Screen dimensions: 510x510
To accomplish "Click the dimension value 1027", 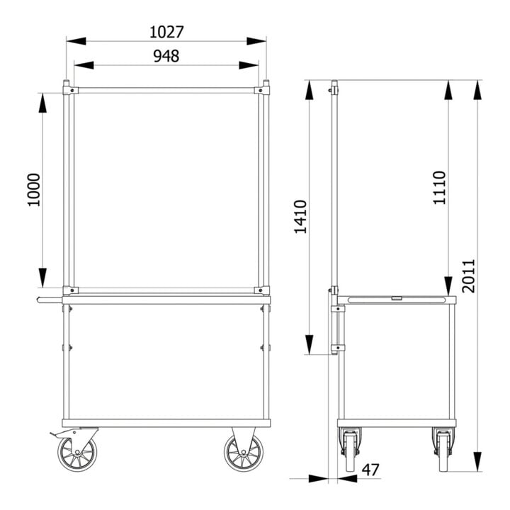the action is (166, 32).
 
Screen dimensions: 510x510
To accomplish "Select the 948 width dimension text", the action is (166, 56).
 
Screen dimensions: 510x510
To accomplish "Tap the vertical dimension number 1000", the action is (33, 190).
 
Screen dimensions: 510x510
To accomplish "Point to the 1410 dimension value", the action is (300, 217).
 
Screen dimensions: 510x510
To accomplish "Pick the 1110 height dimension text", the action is (439, 188).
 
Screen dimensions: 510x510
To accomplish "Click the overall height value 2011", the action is (469, 276).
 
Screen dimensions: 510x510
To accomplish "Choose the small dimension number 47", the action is (370, 470).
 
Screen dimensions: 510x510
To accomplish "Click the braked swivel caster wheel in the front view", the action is (77, 453).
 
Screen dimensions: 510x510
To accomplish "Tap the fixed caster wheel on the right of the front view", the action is (244, 453).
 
